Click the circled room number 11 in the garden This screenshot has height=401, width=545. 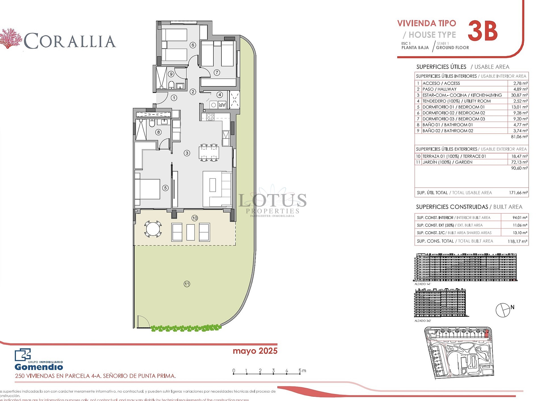[187, 284]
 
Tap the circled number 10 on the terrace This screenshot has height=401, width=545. [195, 218]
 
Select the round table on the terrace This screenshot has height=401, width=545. [153, 229]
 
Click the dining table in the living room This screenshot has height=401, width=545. [209, 153]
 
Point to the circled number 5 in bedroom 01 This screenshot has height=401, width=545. [165, 188]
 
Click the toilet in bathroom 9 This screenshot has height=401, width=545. [171, 85]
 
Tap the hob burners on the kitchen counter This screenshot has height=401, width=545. [210, 116]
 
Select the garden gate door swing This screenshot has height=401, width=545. [143, 322]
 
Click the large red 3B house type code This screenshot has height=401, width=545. [483, 31]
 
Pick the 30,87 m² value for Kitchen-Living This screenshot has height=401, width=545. [519, 95]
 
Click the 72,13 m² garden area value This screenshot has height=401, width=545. [519, 162]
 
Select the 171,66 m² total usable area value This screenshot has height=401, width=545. [518, 193]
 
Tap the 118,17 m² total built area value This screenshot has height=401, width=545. [517, 241]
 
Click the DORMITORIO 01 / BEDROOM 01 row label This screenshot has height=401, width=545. [453, 107]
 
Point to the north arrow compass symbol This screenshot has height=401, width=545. [503, 310]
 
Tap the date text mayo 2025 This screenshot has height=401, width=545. [255, 351]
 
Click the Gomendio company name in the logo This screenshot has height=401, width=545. [39, 367]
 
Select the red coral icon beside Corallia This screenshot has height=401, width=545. [11, 38]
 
